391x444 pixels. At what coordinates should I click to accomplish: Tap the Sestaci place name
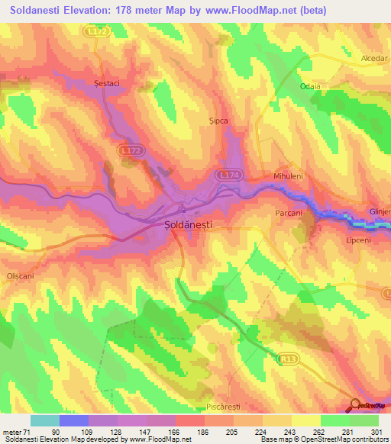coord(108,82)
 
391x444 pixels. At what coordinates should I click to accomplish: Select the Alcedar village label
coord(375,58)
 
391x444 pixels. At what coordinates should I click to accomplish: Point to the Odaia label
coord(311,86)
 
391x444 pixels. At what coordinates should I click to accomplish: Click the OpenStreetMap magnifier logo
coord(355,404)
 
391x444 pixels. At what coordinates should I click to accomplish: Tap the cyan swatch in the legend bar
coord(45,420)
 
